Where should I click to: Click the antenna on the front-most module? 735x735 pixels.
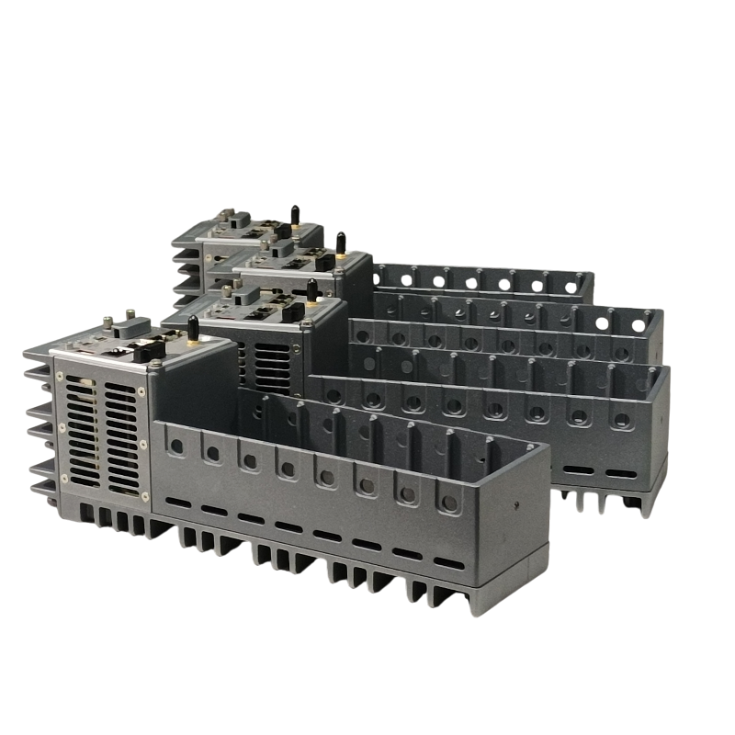pyautogui.click(x=193, y=329)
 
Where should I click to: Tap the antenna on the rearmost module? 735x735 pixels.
pyautogui.click(x=295, y=217)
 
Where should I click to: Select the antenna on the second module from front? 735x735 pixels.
pyautogui.click(x=312, y=291)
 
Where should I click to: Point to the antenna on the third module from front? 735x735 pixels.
pyautogui.click(x=340, y=244)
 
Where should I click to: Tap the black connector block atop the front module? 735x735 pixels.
pyautogui.click(x=147, y=350)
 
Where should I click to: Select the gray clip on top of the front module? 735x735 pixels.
pyautogui.click(x=130, y=325)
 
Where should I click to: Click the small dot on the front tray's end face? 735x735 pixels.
pyautogui.click(x=518, y=505)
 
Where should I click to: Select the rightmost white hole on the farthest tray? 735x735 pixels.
pyautogui.click(x=571, y=288)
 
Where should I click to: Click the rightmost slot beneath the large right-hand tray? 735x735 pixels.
pyautogui.click(x=622, y=474)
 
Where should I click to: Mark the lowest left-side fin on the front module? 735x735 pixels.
pyautogui.click(x=42, y=488)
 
